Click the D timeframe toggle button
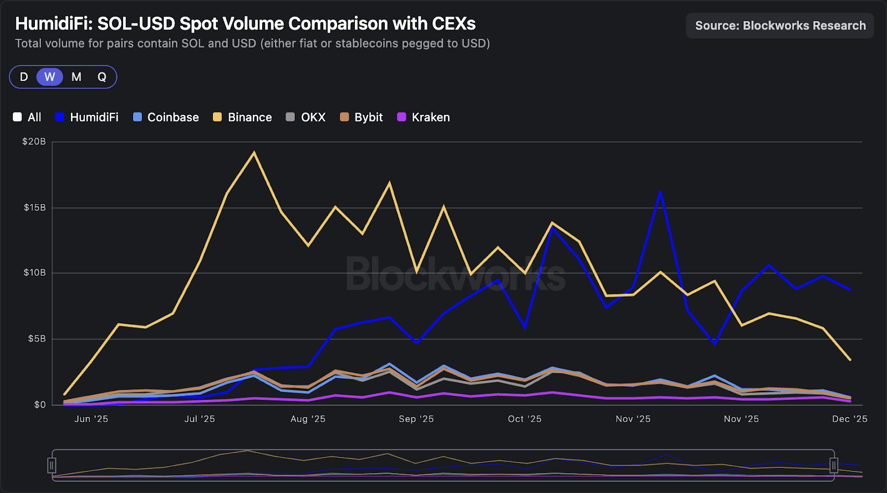(24, 77)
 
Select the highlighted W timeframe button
(50, 77)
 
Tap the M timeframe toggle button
(77, 77)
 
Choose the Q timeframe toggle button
(102, 77)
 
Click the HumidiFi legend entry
(87, 117)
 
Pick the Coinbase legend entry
(166, 117)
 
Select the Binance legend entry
(242, 117)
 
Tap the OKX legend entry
(305, 117)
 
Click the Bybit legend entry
(361, 117)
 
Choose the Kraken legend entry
(424, 117)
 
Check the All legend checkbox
(17, 117)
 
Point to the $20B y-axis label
(34, 141)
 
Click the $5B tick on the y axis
(37, 338)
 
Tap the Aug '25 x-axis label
(308, 419)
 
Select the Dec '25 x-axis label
(849, 419)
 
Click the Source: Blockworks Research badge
(780, 26)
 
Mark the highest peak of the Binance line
(254, 153)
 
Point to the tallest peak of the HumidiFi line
(660, 192)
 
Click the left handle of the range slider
(52, 465)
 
